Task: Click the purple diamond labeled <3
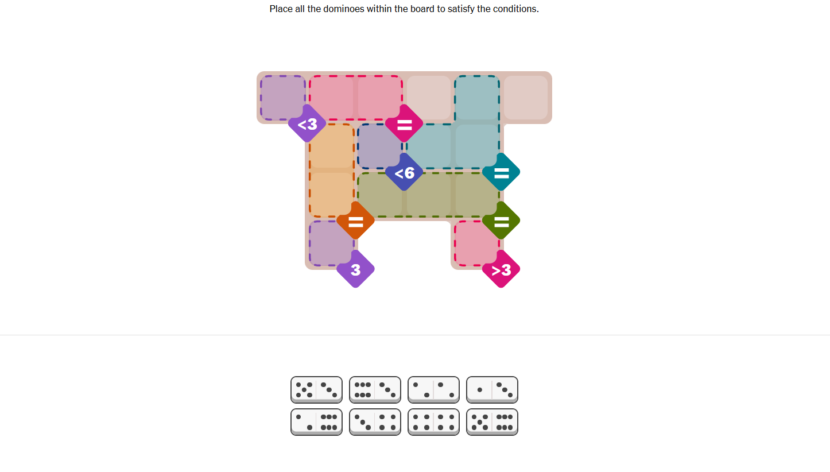[307, 124]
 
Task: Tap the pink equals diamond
[404, 124]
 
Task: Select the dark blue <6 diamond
[404, 172]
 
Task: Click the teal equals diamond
[501, 172]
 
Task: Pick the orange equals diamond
[356, 221]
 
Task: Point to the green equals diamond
[501, 221]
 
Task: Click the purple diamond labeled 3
[356, 269]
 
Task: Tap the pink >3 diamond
[501, 269]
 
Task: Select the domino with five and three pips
[316, 390]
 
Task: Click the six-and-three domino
[375, 390]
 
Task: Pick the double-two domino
[433, 390]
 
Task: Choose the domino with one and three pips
[492, 390]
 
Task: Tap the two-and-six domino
[316, 422]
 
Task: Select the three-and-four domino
[375, 422]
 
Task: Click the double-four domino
[433, 422]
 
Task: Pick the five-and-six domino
[492, 422]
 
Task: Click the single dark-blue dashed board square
[380, 146]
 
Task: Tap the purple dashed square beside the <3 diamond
[283, 98]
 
